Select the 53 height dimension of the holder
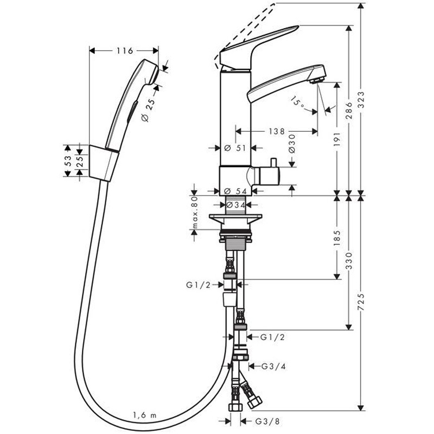point(68,161)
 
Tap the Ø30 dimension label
point(291,143)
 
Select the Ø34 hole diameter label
point(235,205)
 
